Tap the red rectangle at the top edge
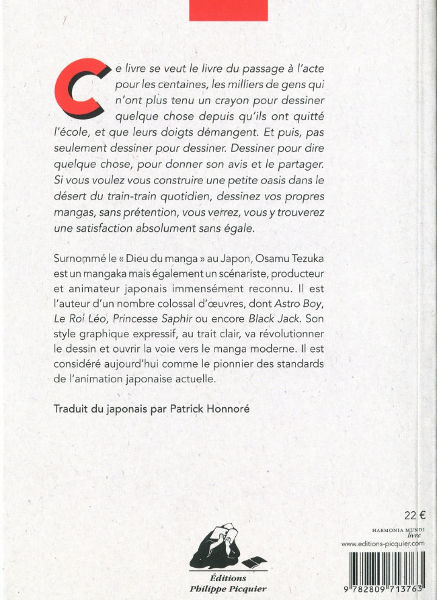pos(228,9)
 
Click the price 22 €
pos(414,516)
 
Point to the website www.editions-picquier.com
pos(383,542)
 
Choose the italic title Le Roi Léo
pos(77,314)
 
